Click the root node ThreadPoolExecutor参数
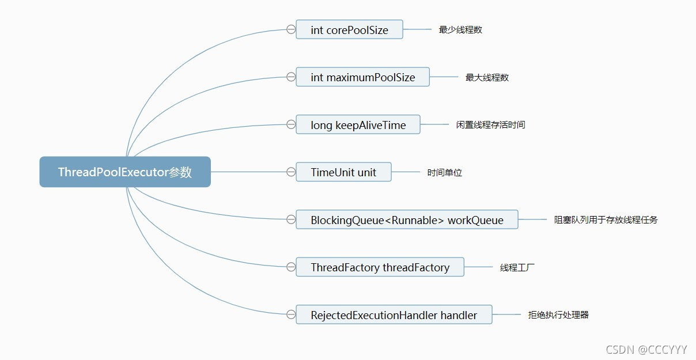[125, 172]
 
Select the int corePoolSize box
[349, 30]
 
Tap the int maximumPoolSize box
[362, 77]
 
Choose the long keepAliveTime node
[358, 125]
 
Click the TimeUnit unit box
[343, 172]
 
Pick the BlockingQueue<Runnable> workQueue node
[407, 220]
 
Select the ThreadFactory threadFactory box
[380, 267]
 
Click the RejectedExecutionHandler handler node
[394, 315]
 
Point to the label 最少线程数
[460, 30]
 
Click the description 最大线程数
[487, 78]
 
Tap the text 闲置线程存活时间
[490, 125]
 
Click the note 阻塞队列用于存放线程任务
[606, 220]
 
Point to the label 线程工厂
[517, 267]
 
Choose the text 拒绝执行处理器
[558, 315]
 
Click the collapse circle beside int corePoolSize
[291, 29]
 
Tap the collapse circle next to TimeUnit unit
[291, 172]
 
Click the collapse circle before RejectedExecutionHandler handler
[291, 314]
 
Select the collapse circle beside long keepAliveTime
[291, 124]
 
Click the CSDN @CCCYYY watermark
[646, 349]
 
